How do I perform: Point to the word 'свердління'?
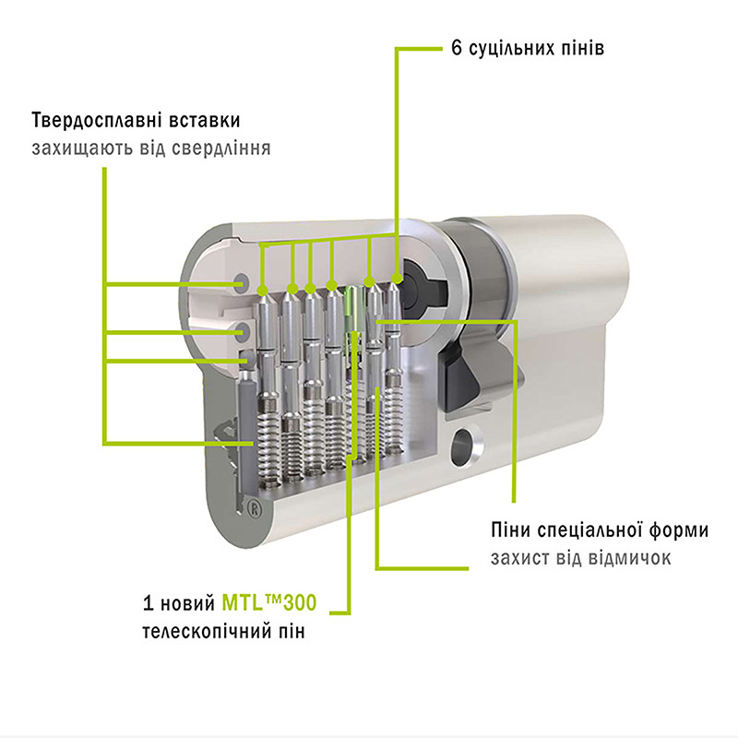(227, 148)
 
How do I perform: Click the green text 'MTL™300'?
(269, 605)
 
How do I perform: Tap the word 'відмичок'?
(623, 558)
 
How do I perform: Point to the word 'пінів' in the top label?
(584, 48)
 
